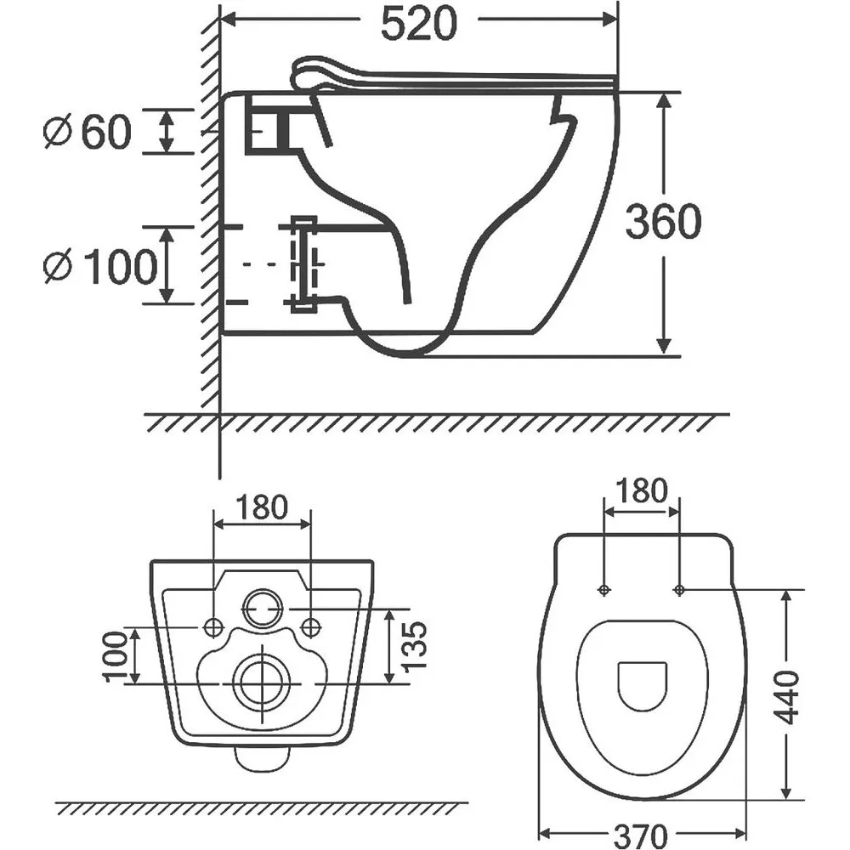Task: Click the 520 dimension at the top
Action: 419,24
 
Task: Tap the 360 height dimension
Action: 663,221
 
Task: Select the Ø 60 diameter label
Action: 88,132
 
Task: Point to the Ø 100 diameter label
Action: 100,265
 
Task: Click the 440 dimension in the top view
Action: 786,698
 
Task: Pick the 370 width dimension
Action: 640,835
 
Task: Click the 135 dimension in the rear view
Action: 415,646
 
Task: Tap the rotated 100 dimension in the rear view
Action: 115,656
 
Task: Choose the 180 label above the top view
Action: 641,490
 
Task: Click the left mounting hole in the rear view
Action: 213,627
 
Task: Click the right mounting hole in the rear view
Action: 310,627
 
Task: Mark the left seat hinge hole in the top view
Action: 604,590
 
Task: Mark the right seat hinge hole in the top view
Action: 679,590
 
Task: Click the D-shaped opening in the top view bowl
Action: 643,686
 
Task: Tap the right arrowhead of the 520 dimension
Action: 609,20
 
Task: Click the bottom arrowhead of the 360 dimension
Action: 663,347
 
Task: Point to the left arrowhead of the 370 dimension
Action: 545,834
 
